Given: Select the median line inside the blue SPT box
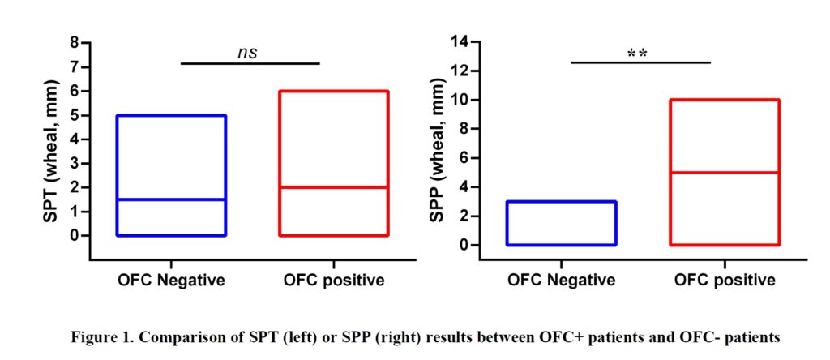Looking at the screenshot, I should pyautogui.click(x=172, y=199).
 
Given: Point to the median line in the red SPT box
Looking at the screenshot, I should pyautogui.click(x=334, y=187).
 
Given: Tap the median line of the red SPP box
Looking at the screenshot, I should pyautogui.click(x=724, y=173).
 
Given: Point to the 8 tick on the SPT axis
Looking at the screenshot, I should pyautogui.click(x=75, y=42).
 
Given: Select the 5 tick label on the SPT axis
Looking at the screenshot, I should pyautogui.click(x=75, y=115).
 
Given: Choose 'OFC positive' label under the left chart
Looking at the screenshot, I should pyautogui.click(x=334, y=281).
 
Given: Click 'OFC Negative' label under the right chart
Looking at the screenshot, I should pyautogui.click(x=561, y=281).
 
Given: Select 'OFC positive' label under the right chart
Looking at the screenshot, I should pyautogui.click(x=725, y=281).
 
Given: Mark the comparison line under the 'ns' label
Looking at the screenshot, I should pyautogui.click(x=250, y=63).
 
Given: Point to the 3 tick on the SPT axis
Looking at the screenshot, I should pyautogui.click(x=75, y=163).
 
